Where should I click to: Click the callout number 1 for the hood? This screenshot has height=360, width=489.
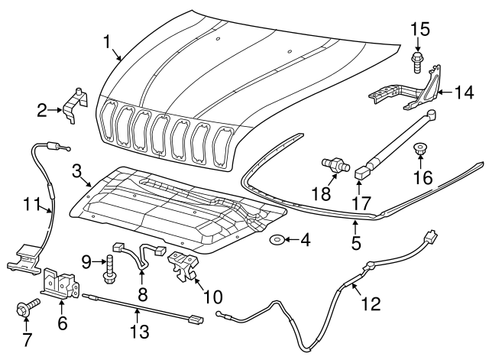[108, 41]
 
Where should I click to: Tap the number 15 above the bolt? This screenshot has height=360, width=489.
[419, 31]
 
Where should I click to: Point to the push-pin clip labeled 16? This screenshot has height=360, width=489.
[419, 149]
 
